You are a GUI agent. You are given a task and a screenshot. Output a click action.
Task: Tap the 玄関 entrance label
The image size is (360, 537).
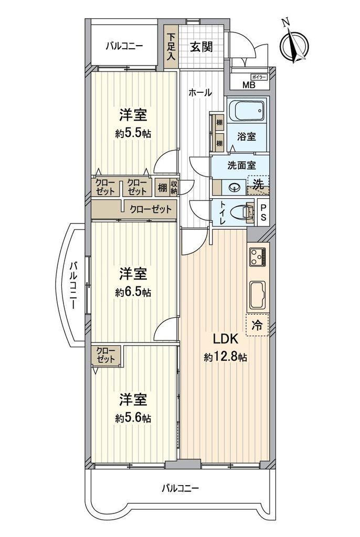(x=202, y=47)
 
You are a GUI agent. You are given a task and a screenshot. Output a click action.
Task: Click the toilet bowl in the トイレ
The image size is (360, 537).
(x=242, y=212)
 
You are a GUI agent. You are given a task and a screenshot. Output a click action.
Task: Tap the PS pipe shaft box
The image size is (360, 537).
(x=263, y=213)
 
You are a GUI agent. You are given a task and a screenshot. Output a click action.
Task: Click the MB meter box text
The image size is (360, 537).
(x=249, y=85)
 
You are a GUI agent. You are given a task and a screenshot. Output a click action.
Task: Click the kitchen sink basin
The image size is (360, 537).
(x=258, y=295)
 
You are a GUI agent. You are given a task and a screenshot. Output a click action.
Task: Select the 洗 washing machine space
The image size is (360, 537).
(x=258, y=185)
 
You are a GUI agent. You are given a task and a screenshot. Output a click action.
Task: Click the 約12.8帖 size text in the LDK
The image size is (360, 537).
(x=225, y=358)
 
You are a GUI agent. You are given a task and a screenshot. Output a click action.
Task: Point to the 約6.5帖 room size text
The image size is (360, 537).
(x=133, y=292)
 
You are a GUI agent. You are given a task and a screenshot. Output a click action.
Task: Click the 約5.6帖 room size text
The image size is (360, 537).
(x=133, y=418)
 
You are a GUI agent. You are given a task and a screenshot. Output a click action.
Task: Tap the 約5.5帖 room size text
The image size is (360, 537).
(x=133, y=133)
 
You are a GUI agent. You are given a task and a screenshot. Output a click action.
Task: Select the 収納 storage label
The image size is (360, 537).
(x=174, y=187)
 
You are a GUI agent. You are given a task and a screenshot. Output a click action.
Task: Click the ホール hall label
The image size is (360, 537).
(x=200, y=92)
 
